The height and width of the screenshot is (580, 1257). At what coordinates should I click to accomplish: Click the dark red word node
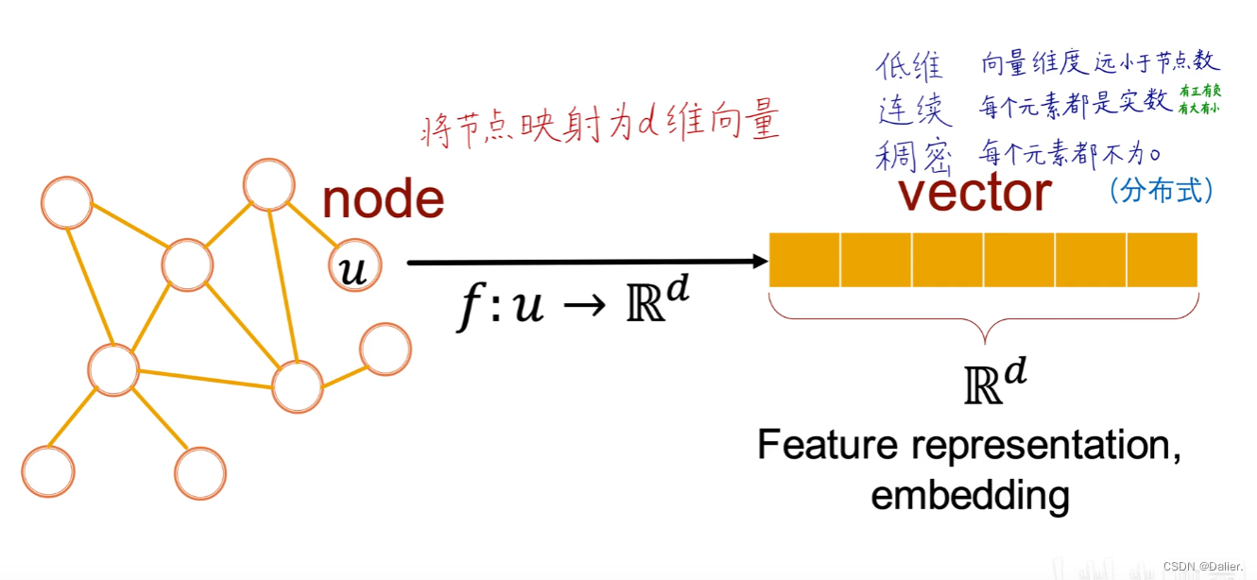pyautogui.click(x=383, y=199)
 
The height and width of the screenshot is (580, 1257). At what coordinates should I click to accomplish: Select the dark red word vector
pyautogui.click(x=974, y=193)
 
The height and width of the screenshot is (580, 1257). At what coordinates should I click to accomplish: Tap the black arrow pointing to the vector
pyautogui.click(x=586, y=263)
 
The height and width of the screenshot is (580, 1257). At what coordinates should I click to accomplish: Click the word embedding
pyautogui.click(x=970, y=494)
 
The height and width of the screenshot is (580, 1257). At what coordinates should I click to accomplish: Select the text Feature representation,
pyautogui.click(x=969, y=445)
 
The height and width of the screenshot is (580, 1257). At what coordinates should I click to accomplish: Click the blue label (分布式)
pyautogui.click(x=1161, y=190)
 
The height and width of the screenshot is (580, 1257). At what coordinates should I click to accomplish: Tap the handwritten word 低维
pyautogui.click(x=909, y=66)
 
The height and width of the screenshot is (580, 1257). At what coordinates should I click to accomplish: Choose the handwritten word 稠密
pyautogui.click(x=913, y=155)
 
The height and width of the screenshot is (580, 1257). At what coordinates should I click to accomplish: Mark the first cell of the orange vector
pyautogui.click(x=804, y=260)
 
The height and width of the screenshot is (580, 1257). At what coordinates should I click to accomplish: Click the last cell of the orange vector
pyautogui.click(x=1162, y=260)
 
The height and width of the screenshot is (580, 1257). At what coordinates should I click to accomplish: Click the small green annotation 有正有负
pyautogui.click(x=1199, y=92)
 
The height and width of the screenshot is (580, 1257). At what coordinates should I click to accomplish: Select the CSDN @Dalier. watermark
pyautogui.click(x=1203, y=566)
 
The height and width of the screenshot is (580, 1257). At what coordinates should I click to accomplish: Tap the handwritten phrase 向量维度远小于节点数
pyautogui.click(x=1100, y=63)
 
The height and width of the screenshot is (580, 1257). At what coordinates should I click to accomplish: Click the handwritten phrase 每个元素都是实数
pyautogui.click(x=1075, y=105)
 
